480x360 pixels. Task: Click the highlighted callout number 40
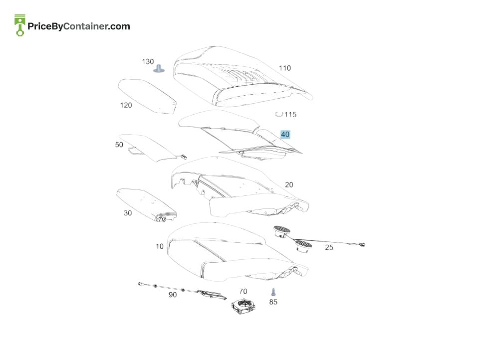pos(285,134)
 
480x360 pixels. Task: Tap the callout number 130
pos(148,61)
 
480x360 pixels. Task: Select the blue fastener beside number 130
pos(159,68)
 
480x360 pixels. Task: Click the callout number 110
pos(285,68)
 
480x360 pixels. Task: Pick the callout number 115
pos(290,114)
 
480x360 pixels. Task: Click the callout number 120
pos(126,105)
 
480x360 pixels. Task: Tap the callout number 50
pos(119,145)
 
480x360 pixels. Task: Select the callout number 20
pos(289,185)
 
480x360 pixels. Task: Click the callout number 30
pos(128,213)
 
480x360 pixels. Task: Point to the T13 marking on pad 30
pos(162,219)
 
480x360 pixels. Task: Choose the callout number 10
pos(160,246)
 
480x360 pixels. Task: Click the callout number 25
pos(329,247)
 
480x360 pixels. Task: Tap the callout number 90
pos(173,295)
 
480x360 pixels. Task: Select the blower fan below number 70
pos(243,306)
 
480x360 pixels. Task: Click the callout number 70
pos(243,291)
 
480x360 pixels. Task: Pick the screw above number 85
pos(273,292)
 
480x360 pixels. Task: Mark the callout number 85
pos(273,302)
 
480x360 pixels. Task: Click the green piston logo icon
pos(20,25)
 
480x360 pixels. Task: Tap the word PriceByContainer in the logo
pos(67,26)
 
